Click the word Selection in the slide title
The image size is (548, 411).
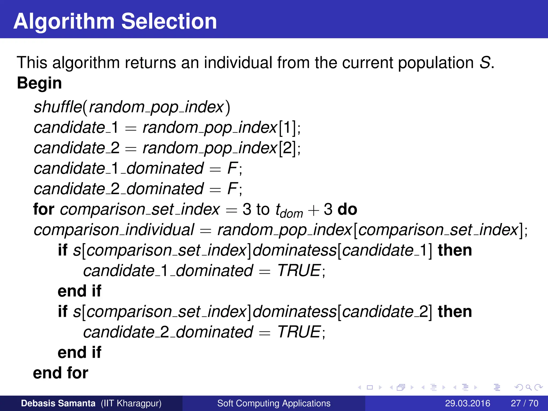169,21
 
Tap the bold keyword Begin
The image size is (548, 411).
39,83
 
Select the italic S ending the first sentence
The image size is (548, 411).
485,63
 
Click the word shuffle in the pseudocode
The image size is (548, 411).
58,107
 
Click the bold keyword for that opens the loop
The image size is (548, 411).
44,209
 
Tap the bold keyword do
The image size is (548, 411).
347,209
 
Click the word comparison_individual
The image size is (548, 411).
114,230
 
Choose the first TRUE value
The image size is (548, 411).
299,271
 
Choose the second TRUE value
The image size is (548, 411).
299,332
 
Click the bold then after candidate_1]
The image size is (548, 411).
455,250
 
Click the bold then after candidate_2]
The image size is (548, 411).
455,312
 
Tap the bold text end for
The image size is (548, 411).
60,373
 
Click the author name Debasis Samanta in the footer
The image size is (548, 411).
58,403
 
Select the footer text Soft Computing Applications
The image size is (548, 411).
274,403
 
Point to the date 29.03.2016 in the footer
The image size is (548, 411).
467,403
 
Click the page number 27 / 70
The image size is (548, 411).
524,403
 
